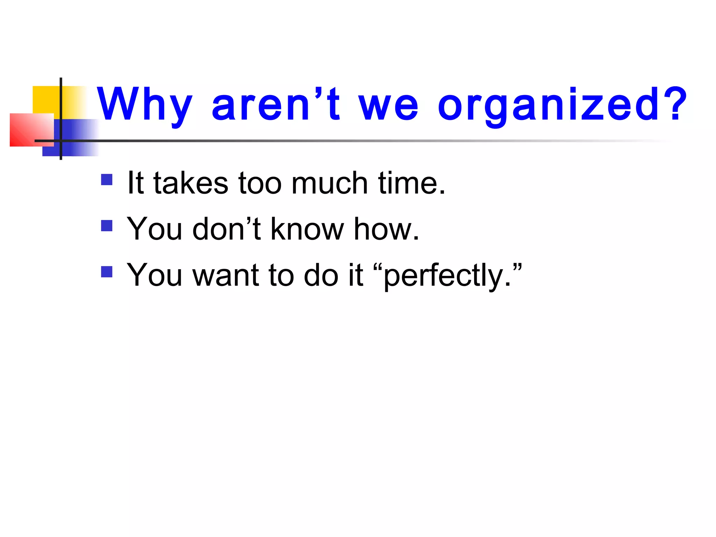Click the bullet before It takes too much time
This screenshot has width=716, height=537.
coord(107,180)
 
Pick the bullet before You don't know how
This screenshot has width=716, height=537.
coord(107,225)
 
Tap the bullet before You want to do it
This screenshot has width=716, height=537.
coord(107,272)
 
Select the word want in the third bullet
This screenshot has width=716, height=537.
coord(226,275)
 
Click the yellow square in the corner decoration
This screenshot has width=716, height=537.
coord(45,99)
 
